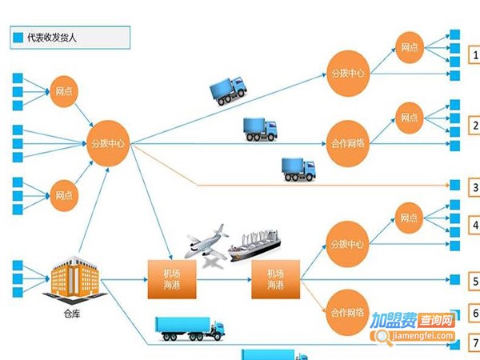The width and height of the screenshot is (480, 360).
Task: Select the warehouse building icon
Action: (77, 280)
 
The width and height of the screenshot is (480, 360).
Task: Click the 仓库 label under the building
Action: (73, 314)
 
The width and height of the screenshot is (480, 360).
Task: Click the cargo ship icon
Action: (259, 247)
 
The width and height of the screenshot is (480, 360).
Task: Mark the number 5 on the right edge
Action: (475, 282)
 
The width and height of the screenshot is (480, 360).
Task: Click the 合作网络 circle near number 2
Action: (348, 145)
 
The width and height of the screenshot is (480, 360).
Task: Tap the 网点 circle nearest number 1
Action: (409, 48)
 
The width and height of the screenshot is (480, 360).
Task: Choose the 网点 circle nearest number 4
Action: (409, 218)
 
